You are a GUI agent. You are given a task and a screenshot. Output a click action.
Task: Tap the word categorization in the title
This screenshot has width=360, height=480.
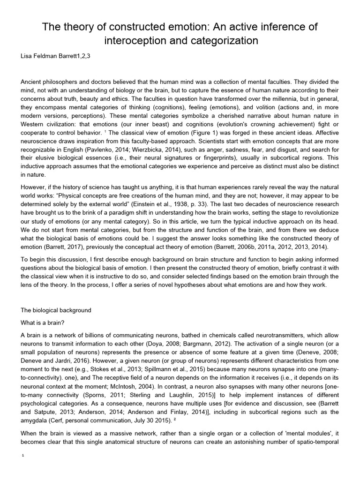point(217,41)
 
